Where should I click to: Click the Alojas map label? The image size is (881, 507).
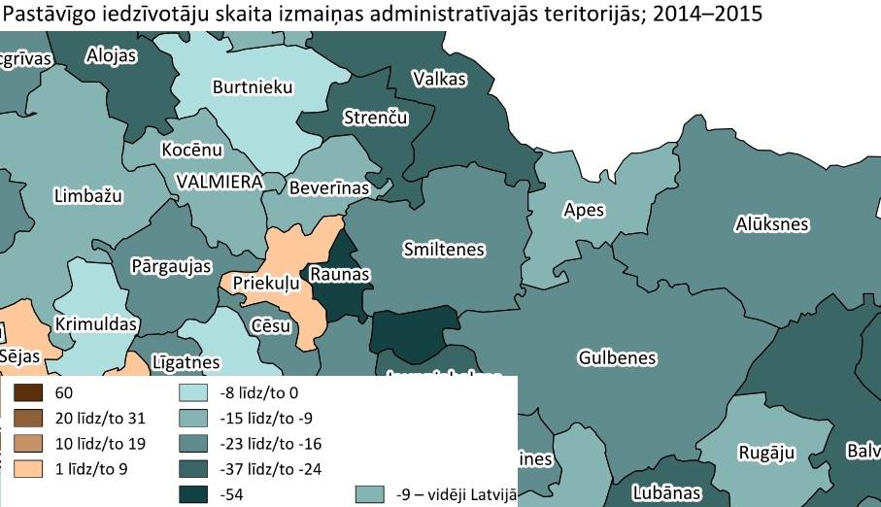tap(112, 55)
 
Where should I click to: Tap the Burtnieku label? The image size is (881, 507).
tap(253, 87)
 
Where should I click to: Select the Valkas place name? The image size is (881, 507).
tap(439, 80)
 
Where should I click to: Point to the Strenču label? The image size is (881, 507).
tap(376, 118)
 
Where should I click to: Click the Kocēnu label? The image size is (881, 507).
tap(192, 151)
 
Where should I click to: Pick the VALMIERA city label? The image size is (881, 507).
tap(219, 182)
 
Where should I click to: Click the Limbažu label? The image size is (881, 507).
tap(87, 196)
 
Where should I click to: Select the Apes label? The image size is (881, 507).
tap(584, 210)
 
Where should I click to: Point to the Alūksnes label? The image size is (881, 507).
tap(771, 224)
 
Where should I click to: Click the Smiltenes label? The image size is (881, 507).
tap(443, 250)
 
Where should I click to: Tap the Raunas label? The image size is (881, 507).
tap(339, 275)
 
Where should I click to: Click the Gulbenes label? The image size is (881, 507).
tap(617, 357)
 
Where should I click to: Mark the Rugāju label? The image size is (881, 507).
tap(766, 453)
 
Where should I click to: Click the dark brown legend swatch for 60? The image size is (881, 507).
tap(27, 394)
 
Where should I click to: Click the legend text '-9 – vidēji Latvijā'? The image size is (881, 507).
tap(453, 494)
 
